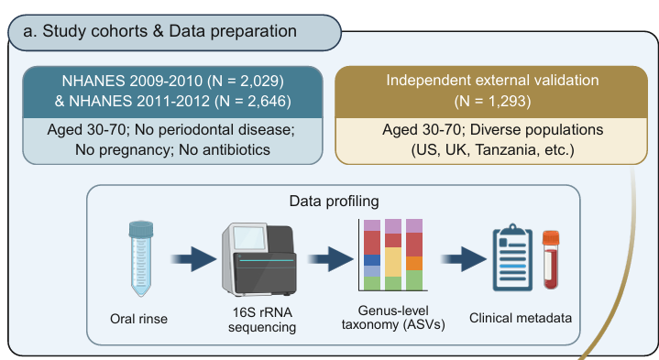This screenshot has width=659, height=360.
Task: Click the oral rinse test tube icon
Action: coord(141,258)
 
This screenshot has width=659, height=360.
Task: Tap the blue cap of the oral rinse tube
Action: coord(141,229)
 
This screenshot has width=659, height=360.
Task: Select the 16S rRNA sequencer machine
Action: coord(259,259)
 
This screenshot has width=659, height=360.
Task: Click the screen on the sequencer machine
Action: coord(249,238)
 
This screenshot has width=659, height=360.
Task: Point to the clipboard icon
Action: coord(512,257)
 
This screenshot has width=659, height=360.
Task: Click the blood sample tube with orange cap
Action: coord(551,259)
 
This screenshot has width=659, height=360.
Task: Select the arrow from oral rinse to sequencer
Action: coord(193,258)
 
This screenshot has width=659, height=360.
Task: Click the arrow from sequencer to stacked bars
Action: coord(331,258)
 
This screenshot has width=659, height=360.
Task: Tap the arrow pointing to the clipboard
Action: coord(464,258)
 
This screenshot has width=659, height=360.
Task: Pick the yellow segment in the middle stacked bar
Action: coord(393,262)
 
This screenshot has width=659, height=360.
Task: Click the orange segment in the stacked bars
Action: coord(414,264)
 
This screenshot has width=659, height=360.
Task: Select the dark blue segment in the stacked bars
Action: coord(372,260)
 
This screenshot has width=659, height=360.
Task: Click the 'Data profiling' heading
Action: coord(335,202)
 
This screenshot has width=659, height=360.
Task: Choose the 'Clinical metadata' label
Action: coord(521,318)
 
